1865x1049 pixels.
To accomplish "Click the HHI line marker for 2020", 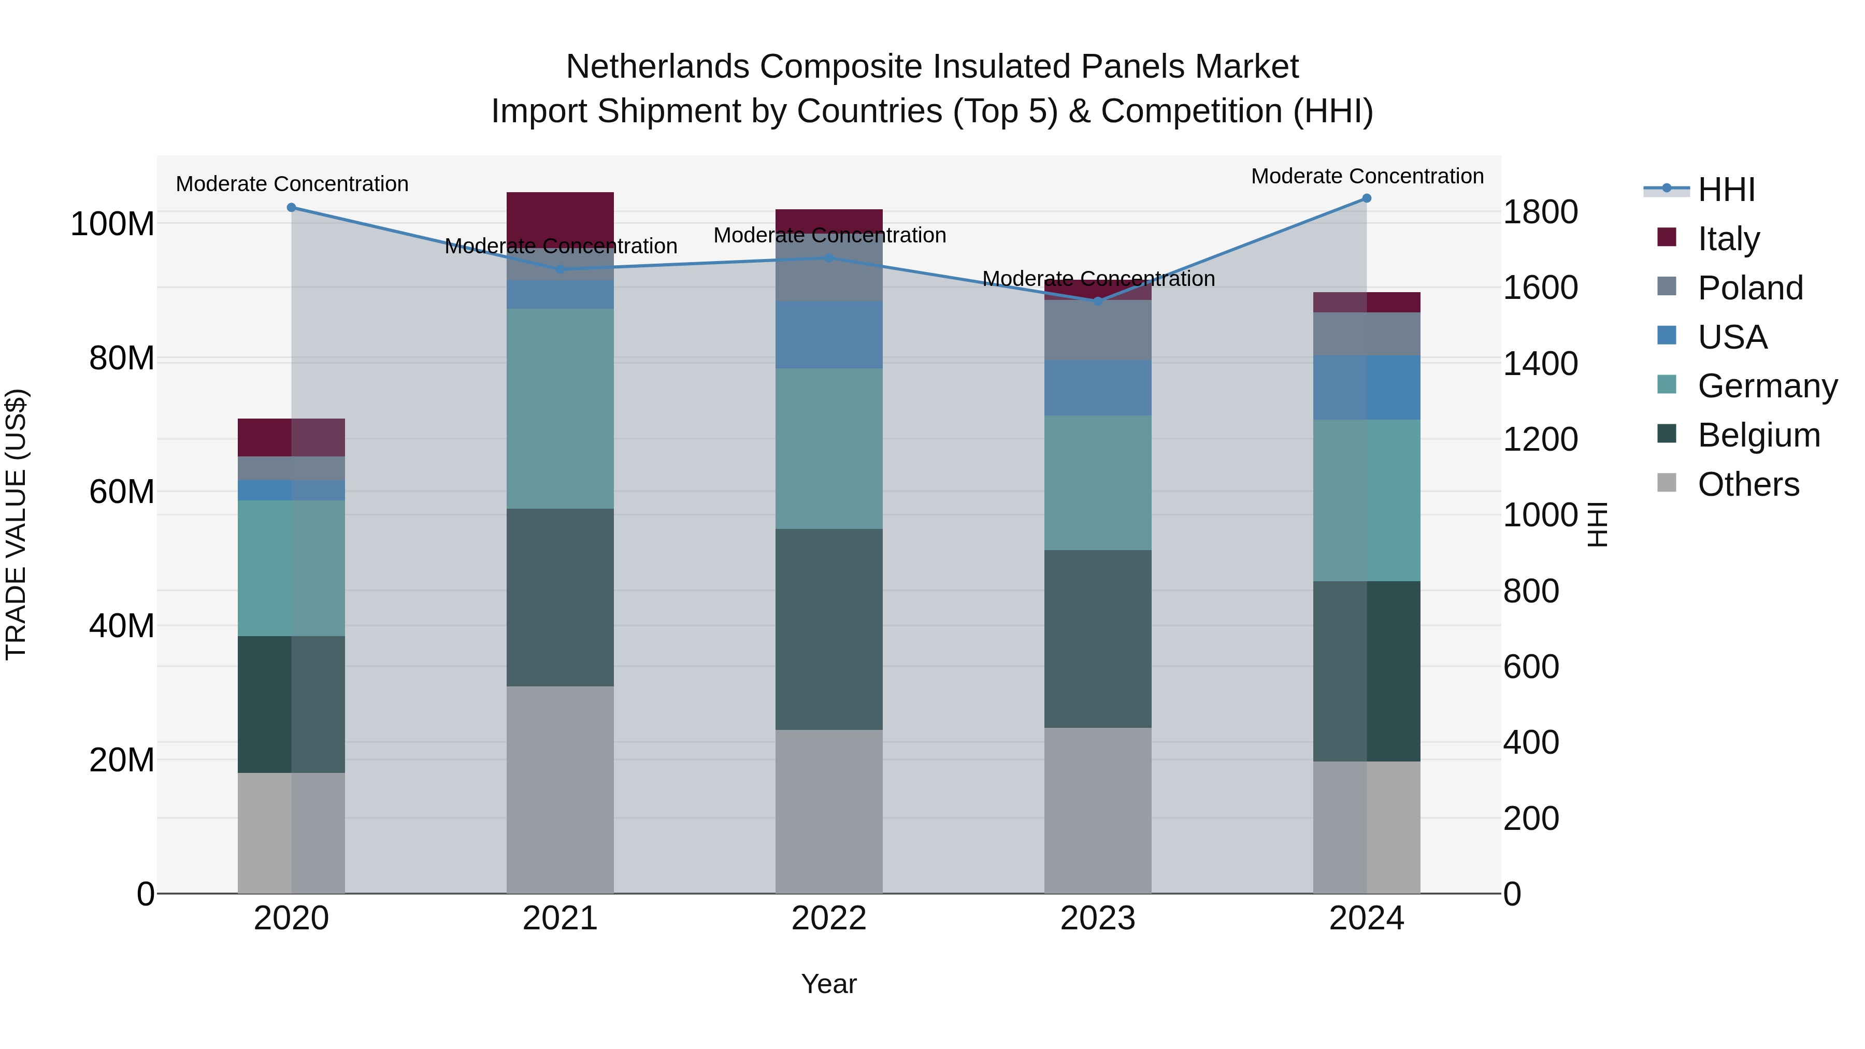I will click(291, 208).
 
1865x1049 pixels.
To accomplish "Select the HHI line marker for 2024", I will click(1366, 198).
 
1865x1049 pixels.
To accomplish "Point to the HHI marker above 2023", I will click(1098, 301).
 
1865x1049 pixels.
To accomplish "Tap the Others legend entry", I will click(1748, 484).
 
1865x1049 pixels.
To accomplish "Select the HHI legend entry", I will click(1726, 190).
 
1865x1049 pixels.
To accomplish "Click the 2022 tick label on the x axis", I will click(829, 918).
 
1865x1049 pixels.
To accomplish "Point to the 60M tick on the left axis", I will click(122, 492).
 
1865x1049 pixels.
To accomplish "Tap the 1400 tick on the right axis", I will click(1540, 364).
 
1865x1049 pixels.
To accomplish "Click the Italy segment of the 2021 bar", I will click(559, 213).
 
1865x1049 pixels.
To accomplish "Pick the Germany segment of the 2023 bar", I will click(1098, 482).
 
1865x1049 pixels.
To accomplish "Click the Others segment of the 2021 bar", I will click(559, 789).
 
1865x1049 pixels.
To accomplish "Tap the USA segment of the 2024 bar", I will click(1366, 387).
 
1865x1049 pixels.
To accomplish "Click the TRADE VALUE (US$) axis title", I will click(16, 524).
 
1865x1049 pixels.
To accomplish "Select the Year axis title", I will click(829, 984).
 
